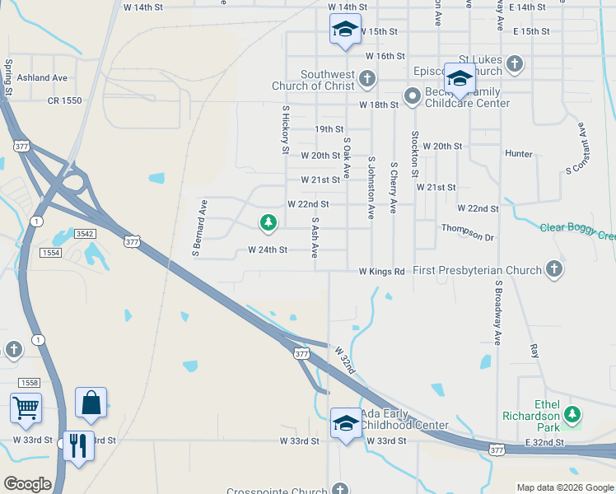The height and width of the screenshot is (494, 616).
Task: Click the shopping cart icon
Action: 26,408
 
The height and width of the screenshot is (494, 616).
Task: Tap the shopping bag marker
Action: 91,403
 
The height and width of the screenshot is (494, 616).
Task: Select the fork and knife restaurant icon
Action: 78,445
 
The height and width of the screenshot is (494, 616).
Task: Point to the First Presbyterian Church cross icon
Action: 554,269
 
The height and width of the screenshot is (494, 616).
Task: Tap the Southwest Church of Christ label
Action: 316,80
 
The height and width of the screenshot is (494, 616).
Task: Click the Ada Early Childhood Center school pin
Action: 346,423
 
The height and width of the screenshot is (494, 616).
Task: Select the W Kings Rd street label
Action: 381,271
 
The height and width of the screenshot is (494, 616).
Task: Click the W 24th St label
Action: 268,249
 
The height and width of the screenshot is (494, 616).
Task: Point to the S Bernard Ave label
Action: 198,226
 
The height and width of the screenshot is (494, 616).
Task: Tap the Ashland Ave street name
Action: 42,77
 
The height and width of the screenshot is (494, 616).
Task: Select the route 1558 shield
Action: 29,382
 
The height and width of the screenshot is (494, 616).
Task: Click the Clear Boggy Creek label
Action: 577,232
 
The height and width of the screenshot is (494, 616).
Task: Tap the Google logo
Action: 28,484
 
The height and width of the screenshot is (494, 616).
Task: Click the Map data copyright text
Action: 564,487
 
